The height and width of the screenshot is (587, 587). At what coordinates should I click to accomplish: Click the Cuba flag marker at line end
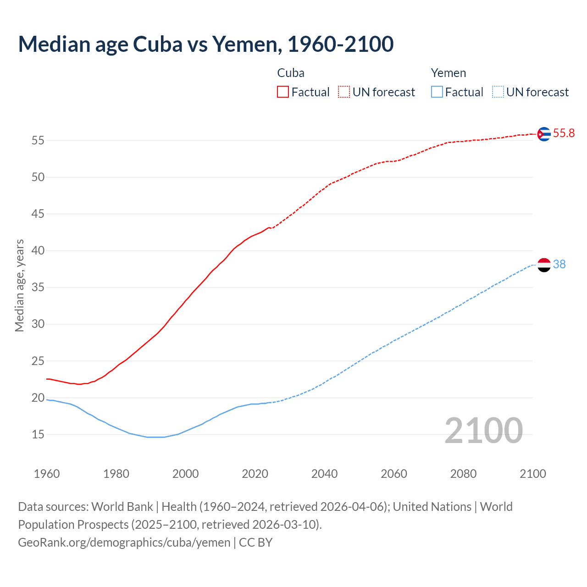(544, 134)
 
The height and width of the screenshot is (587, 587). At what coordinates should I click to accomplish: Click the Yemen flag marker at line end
(544, 265)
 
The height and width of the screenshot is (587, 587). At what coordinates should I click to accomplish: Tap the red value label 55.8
(564, 133)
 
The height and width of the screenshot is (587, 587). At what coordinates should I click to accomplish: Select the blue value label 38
(559, 265)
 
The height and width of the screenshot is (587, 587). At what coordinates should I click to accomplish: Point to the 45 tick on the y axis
(38, 214)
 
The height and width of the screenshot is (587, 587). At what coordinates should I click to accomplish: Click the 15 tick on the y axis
(38, 434)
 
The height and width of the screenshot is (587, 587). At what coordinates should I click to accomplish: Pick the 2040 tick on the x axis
(324, 474)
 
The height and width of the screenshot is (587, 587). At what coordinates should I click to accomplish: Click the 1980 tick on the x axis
(116, 474)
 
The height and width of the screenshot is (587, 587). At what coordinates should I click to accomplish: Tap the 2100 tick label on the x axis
(532, 474)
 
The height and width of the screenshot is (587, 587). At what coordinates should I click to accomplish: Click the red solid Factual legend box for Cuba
(283, 92)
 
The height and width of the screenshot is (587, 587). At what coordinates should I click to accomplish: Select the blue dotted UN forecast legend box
(498, 92)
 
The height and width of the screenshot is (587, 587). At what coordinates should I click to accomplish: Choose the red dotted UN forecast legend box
(344, 92)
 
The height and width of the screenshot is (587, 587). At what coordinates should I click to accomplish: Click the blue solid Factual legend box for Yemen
(437, 92)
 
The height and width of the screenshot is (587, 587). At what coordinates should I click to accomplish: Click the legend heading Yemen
(448, 73)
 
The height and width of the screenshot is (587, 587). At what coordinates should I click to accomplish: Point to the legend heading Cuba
(291, 73)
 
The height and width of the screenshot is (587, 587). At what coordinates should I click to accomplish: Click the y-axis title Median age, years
(19, 285)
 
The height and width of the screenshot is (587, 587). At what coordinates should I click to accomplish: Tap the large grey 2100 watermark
(483, 431)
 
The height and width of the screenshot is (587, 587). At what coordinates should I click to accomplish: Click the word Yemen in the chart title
(244, 44)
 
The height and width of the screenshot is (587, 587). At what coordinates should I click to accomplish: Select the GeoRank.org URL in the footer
(124, 543)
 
